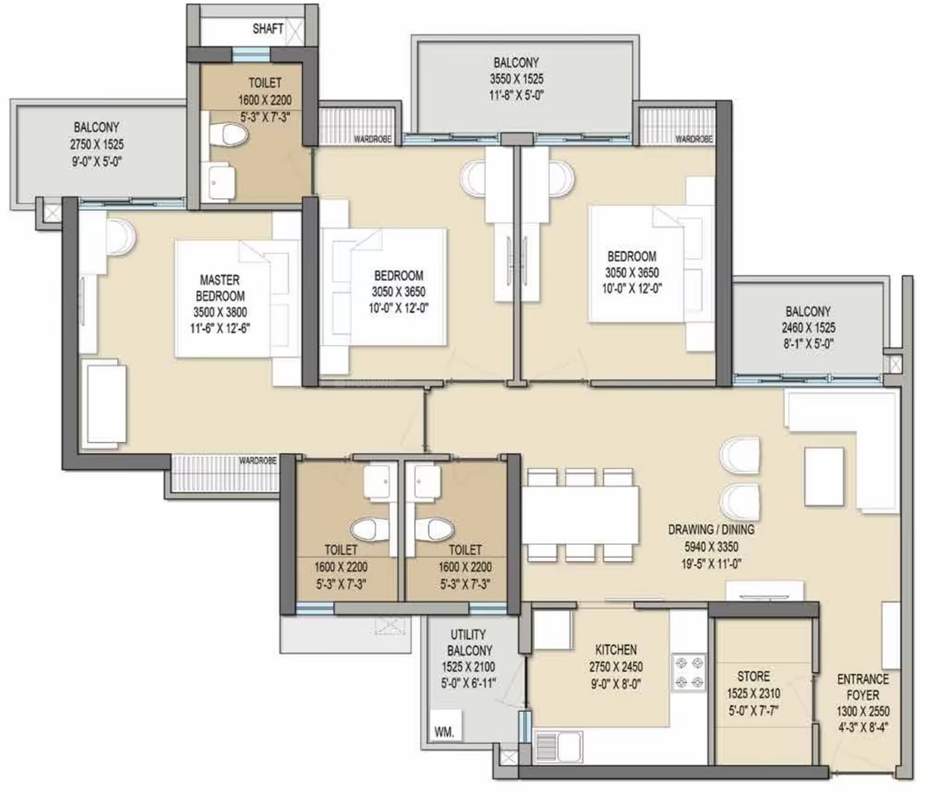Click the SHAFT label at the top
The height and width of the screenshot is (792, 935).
(x=268, y=29)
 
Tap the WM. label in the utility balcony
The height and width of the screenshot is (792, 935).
(x=443, y=732)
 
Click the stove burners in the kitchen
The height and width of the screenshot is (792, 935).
(x=689, y=672)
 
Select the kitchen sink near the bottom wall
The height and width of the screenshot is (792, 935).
(x=559, y=746)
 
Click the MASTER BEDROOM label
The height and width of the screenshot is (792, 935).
(x=220, y=288)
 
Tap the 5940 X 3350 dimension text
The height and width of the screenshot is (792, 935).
(x=711, y=547)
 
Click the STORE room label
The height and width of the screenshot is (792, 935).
(x=753, y=676)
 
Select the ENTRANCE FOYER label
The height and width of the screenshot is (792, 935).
(x=862, y=687)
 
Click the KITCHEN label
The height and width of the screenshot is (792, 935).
(x=616, y=649)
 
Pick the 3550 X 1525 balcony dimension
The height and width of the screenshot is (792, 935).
(x=516, y=78)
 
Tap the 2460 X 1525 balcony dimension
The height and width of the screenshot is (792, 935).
(x=809, y=327)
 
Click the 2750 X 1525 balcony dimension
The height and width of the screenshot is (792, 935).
(x=97, y=143)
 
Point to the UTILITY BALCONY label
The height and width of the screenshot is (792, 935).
(x=468, y=643)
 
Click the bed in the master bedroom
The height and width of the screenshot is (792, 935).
(x=238, y=299)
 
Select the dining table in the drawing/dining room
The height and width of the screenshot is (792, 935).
(x=580, y=515)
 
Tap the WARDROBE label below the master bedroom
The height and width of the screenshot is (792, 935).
(x=258, y=461)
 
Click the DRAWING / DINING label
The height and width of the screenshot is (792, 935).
(x=711, y=530)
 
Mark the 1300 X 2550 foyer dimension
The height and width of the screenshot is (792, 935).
(x=862, y=711)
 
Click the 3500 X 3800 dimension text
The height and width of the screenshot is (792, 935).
(x=220, y=312)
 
